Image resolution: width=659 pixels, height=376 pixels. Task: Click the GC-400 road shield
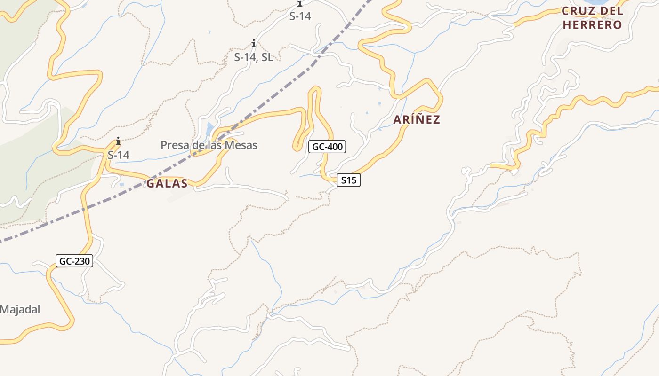[x=328, y=147]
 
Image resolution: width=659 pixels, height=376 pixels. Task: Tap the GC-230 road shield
[x=74, y=261]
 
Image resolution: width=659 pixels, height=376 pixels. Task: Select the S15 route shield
[x=348, y=180]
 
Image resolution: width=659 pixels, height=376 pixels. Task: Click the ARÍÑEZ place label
[x=417, y=119]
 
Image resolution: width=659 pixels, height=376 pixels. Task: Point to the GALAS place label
[x=167, y=183]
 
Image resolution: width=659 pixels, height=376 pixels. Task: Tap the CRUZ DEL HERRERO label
[x=592, y=18]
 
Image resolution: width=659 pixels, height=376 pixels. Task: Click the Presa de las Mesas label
[x=209, y=145]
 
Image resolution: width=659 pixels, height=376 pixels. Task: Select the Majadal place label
[x=20, y=309]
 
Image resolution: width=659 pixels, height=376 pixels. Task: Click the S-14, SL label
[x=253, y=57]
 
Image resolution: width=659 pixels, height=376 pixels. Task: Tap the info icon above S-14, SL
[x=254, y=44]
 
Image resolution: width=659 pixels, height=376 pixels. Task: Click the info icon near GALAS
[x=118, y=141]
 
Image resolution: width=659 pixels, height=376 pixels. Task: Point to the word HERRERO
[x=592, y=25]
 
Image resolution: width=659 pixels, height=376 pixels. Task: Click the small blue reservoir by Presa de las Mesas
[x=209, y=127]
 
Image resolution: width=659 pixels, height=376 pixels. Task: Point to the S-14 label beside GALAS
[x=118, y=155]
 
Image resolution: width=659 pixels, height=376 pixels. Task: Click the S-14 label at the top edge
[x=300, y=16]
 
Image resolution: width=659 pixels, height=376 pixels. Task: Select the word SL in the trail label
[x=267, y=57]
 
